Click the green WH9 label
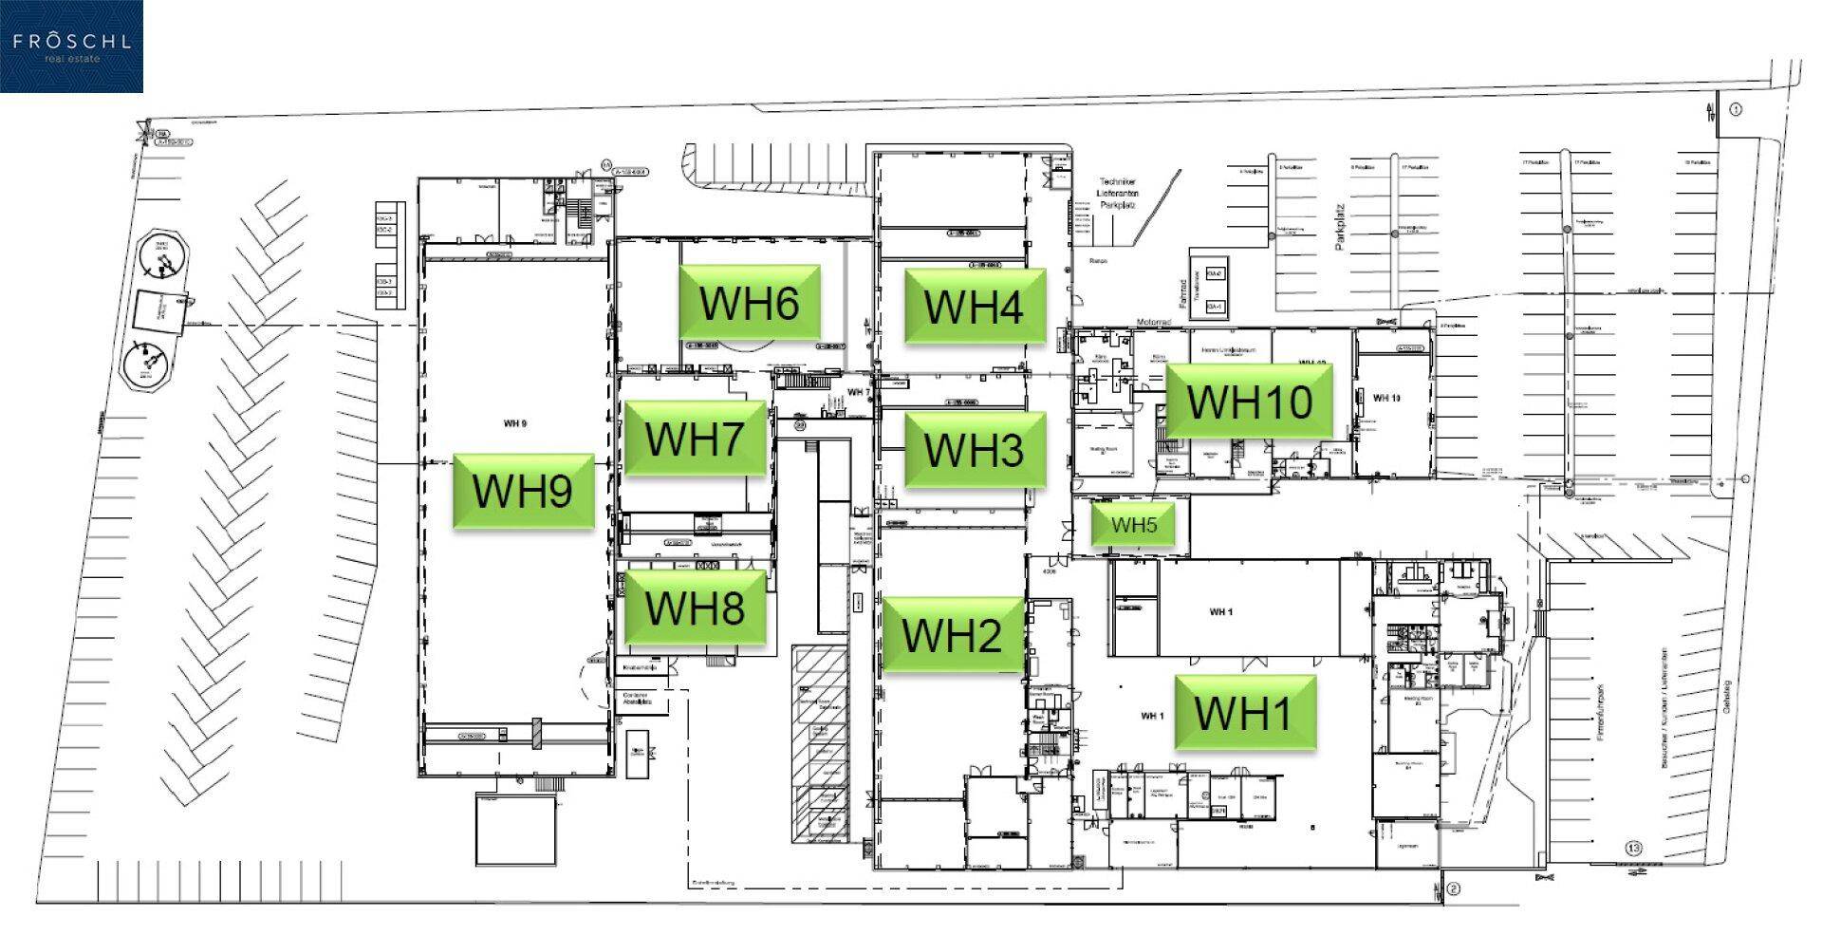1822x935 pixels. pyautogui.click(x=523, y=491)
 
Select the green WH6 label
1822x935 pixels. pyautogui.click(x=749, y=302)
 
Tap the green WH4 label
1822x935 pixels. pyautogui.click(x=974, y=306)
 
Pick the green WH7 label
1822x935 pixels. pyautogui.click(x=694, y=438)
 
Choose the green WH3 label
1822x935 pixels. pyautogui.click(x=974, y=449)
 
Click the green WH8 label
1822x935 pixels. pyautogui.click(x=694, y=608)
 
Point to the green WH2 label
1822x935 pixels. pyautogui.click(x=952, y=634)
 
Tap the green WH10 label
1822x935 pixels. pyautogui.click(x=1249, y=401)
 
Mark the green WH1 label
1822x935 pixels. pyautogui.click(x=1244, y=712)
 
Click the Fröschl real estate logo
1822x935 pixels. pyautogui.click(x=71, y=47)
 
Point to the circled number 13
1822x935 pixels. pyautogui.click(x=1633, y=848)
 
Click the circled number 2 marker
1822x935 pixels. pyautogui.click(x=1453, y=889)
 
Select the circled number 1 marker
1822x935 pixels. pyautogui.click(x=1736, y=109)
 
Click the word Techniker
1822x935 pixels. pyautogui.click(x=1117, y=181)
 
